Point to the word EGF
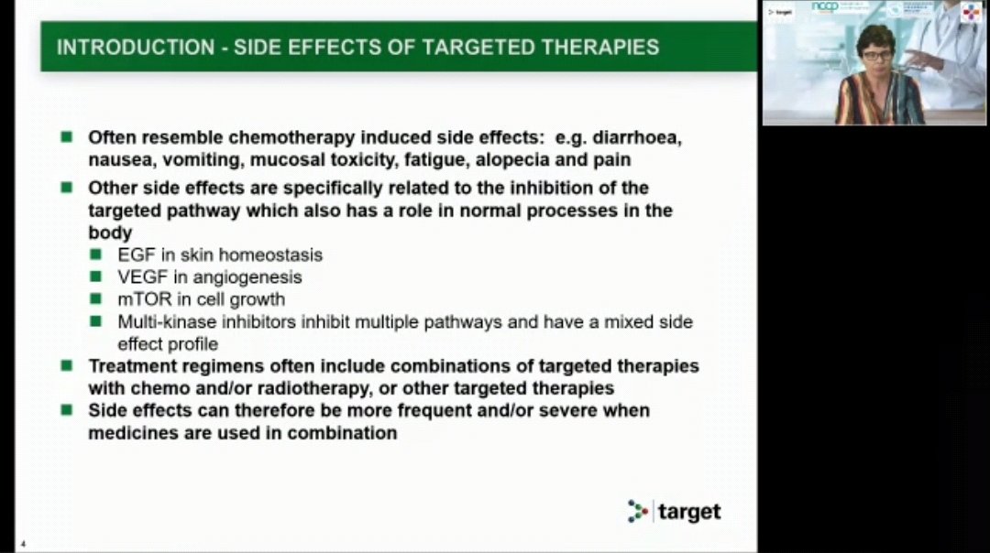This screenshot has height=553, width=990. pos(136,255)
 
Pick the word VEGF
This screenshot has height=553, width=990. pos(140,276)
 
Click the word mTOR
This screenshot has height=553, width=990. pos(140,299)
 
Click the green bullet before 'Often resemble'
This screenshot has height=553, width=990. pos(67,137)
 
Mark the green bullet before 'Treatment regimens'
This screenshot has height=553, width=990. pos(67,365)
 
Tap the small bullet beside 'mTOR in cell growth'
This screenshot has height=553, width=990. pos(96,299)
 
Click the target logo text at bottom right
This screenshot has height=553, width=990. pos(690,512)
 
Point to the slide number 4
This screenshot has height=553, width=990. pos(23,545)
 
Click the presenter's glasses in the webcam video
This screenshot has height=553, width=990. pos(875,55)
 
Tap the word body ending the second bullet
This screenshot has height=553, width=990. pos(110,233)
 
